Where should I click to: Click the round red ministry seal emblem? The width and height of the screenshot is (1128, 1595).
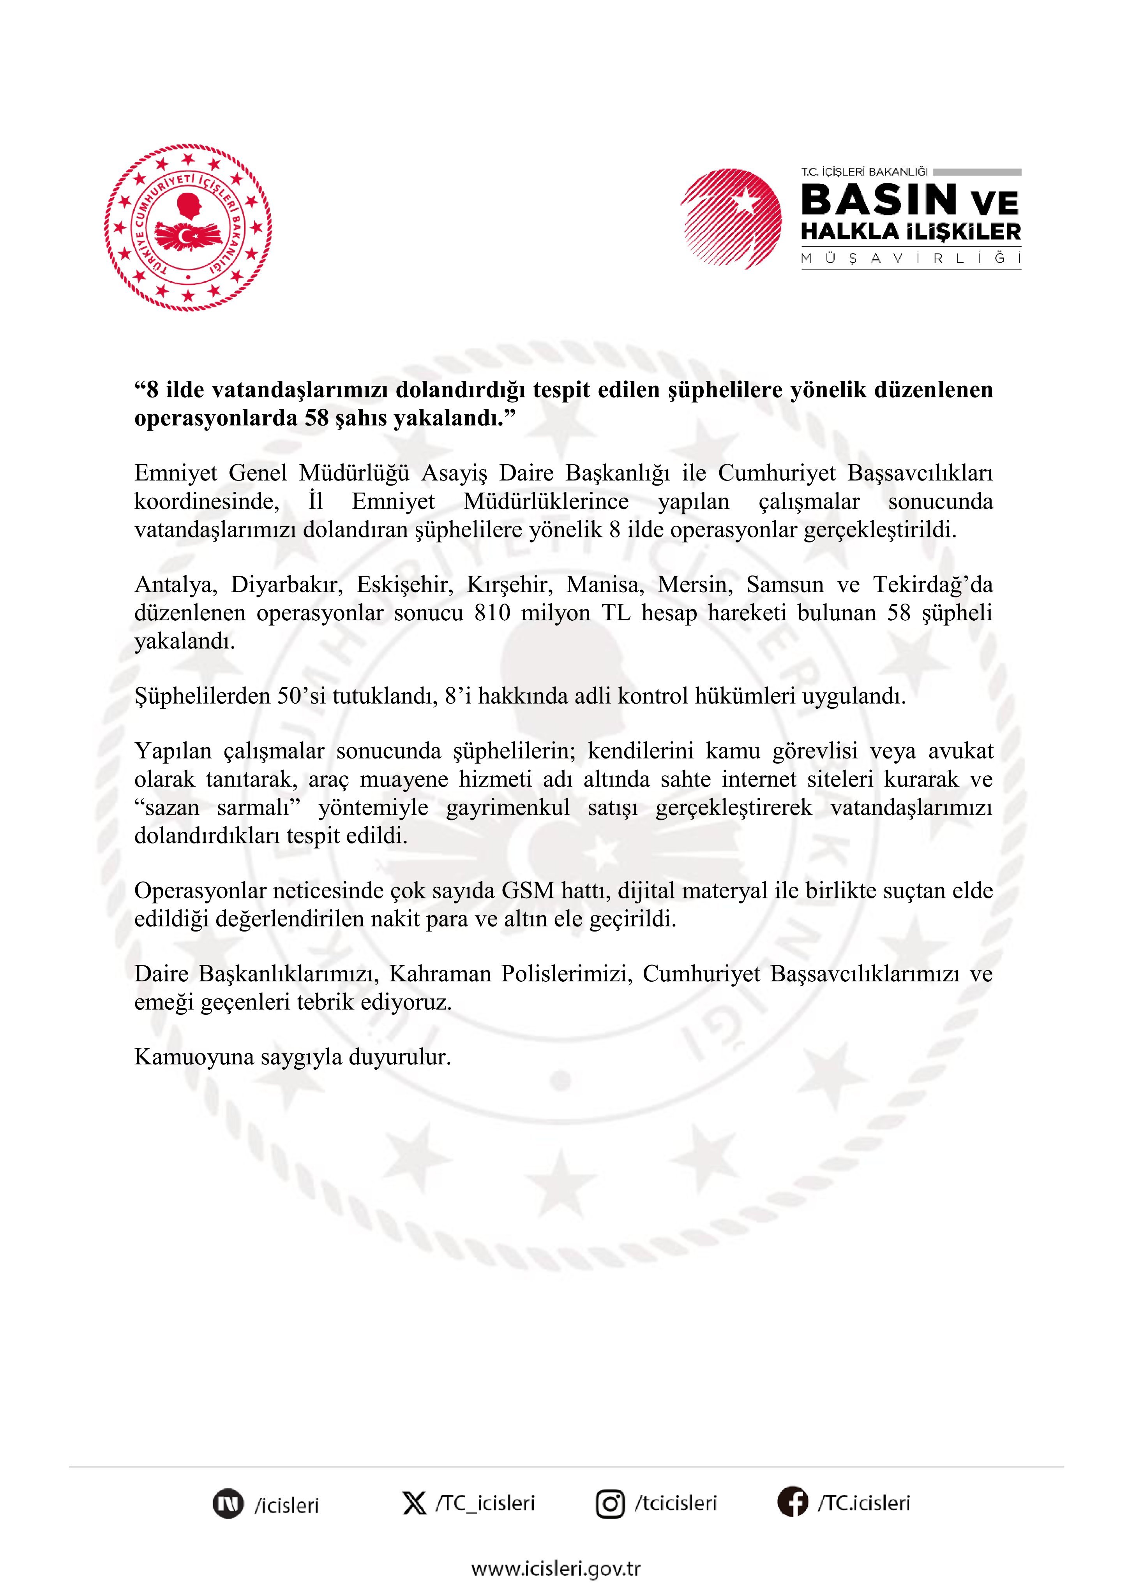tap(188, 227)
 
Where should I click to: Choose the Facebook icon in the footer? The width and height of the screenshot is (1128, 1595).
tap(792, 1503)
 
